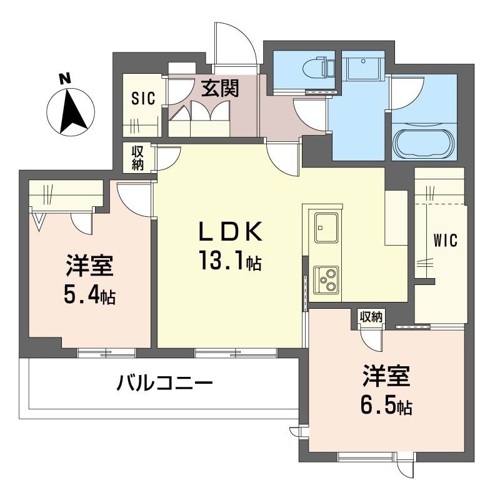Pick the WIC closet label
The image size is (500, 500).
tap(446, 239)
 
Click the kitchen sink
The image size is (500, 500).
tap(327, 227)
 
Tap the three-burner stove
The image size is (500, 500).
tap(326, 279)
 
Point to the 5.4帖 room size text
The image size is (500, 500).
tap(89, 295)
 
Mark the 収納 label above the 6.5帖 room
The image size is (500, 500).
tap(370, 317)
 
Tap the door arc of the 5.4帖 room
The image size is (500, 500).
tap(134, 200)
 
